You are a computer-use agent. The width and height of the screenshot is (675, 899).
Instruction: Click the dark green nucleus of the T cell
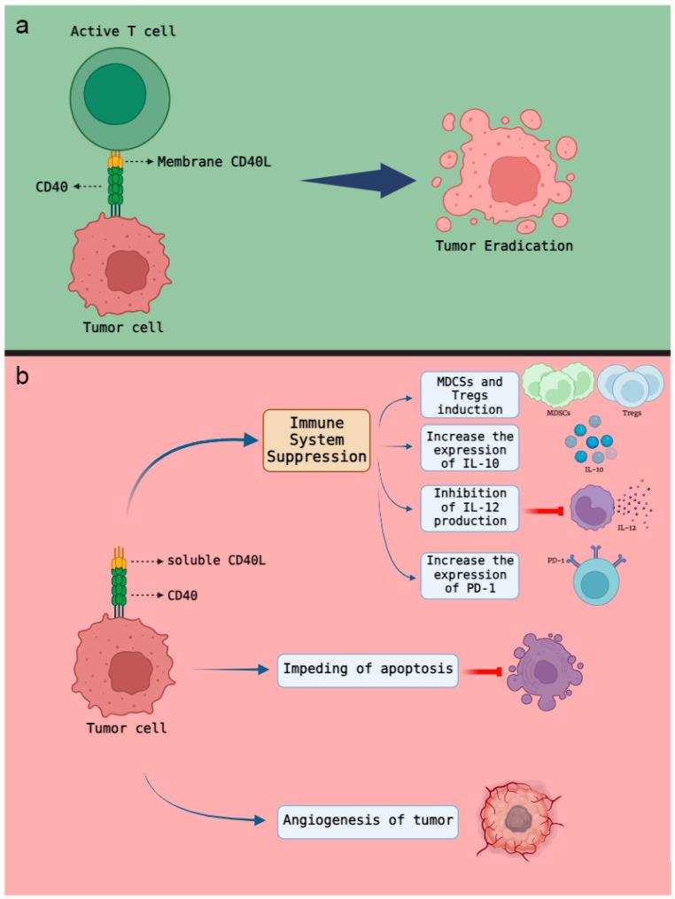click(x=115, y=94)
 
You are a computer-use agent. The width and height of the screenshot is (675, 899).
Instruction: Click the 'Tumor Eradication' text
click(x=503, y=245)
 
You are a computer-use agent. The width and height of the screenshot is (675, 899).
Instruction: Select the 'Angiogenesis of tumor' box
click(x=368, y=820)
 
